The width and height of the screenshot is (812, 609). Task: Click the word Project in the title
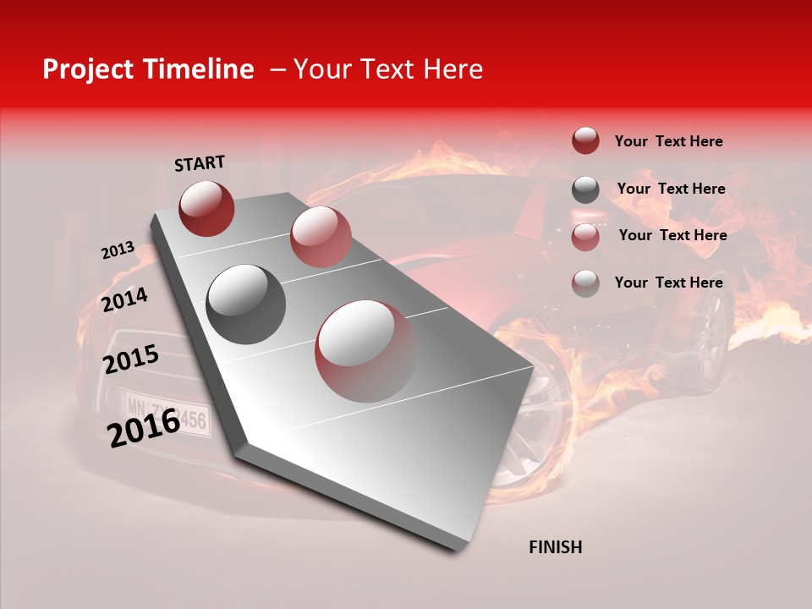89,69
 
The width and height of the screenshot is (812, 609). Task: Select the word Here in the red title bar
453,69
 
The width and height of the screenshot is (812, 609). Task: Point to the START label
200,163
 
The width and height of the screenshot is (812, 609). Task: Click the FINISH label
555,547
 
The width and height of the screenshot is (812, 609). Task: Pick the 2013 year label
118,250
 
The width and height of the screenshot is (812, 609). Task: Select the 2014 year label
124,299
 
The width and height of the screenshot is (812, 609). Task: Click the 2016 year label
143,427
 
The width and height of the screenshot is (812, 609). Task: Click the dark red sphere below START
206,208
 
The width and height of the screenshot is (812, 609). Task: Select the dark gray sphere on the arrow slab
246,304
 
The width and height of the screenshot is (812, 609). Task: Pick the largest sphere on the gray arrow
365,351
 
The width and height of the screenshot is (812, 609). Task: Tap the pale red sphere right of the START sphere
321,236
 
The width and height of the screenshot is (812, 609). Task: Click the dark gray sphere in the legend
585,189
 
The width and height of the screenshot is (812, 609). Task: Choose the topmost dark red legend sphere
585,140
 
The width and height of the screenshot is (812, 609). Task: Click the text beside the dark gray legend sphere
671,189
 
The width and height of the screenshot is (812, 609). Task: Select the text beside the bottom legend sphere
668,283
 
